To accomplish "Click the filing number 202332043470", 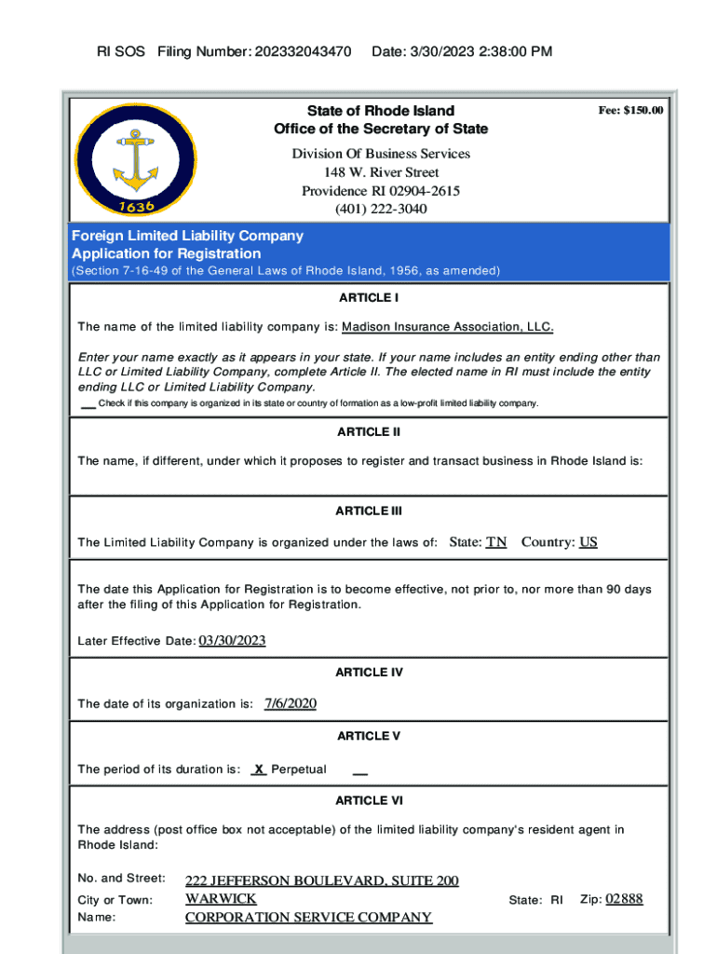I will click(x=294, y=51).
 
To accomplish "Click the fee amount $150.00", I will click(x=630, y=111).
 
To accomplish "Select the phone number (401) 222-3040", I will click(x=381, y=209).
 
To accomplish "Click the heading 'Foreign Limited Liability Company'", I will click(x=187, y=236).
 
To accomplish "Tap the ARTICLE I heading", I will click(x=369, y=298).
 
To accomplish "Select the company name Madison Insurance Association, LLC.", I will click(x=448, y=327).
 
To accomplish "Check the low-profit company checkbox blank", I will click(x=88, y=403).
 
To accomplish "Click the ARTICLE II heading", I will click(x=369, y=431).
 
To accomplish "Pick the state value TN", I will click(x=496, y=541).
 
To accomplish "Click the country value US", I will click(x=588, y=541).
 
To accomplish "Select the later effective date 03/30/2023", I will click(x=233, y=640).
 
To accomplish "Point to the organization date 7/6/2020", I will click(x=291, y=703).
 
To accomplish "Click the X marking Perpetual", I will click(x=260, y=770).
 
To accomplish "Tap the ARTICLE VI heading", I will click(x=369, y=800).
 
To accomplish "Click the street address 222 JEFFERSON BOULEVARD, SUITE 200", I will click(x=322, y=880).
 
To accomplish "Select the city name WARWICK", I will click(x=221, y=899).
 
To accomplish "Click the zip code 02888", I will click(x=624, y=899).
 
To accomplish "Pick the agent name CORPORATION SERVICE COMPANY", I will click(x=308, y=918).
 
